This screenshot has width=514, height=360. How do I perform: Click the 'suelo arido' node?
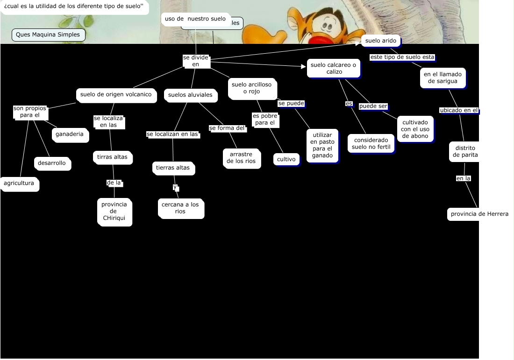pyautogui.click(x=380, y=41)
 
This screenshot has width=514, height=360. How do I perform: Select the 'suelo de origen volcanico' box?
pyautogui.click(x=115, y=94)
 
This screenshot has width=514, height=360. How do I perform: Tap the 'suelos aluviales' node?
pyautogui.click(x=190, y=95)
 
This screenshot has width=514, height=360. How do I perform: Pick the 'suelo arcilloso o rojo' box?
pyautogui.click(x=251, y=88)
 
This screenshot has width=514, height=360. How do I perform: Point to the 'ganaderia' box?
pyautogui.click(x=70, y=134)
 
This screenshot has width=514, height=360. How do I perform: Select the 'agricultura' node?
pyautogui.click(x=19, y=184)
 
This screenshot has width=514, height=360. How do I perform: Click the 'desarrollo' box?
pyautogui.click(x=52, y=163)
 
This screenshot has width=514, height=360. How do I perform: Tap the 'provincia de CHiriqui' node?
pyautogui.click(x=114, y=212)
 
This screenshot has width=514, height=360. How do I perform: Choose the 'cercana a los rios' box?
pyautogui.click(x=180, y=208)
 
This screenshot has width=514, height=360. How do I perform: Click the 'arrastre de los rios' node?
pyautogui.click(x=241, y=158)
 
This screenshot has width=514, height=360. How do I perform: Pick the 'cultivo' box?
pyautogui.click(x=286, y=159)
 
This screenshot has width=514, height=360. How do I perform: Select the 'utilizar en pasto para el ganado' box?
pyautogui.click(x=322, y=145)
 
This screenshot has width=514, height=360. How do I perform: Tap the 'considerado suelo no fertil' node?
pyautogui.click(x=371, y=143)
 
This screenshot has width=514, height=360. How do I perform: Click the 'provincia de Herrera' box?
pyautogui.click(x=479, y=214)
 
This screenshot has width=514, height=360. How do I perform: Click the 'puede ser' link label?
pyautogui.click(x=373, y=106)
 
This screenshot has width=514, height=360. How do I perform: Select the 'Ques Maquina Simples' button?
pyautogui.click(x=48, y=35)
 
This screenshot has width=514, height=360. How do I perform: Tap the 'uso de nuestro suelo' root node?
pyautogui.click(x=195, y=19)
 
